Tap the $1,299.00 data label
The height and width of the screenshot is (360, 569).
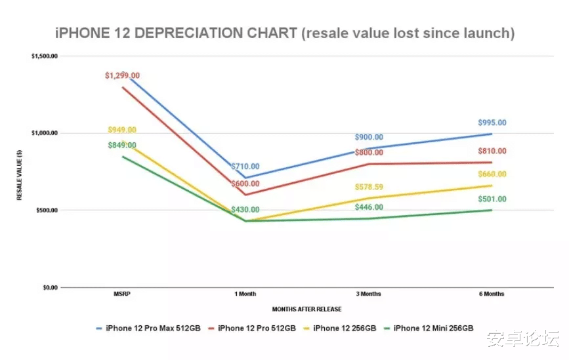[122, 76]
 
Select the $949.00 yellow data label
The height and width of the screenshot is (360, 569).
[122, 130]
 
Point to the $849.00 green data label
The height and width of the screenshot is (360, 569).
[122, 145]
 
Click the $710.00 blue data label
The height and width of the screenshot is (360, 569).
[245, 167]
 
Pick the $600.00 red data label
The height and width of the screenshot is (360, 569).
[245, 184]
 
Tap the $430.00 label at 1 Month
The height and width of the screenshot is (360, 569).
[245, 210]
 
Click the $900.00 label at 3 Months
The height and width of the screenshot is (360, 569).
[369, 137]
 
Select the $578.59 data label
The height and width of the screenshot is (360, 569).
[369, 187]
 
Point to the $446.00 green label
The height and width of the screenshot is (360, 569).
[369, 207]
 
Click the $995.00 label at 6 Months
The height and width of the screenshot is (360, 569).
[492, 123]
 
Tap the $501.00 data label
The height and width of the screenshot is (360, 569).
[492, 199]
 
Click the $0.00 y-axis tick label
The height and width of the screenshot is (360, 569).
[50, 287]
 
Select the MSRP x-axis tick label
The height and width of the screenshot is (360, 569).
[122, 294]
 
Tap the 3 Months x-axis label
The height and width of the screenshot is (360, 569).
[369, 294]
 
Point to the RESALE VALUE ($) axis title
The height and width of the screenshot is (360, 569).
[20, 172]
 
